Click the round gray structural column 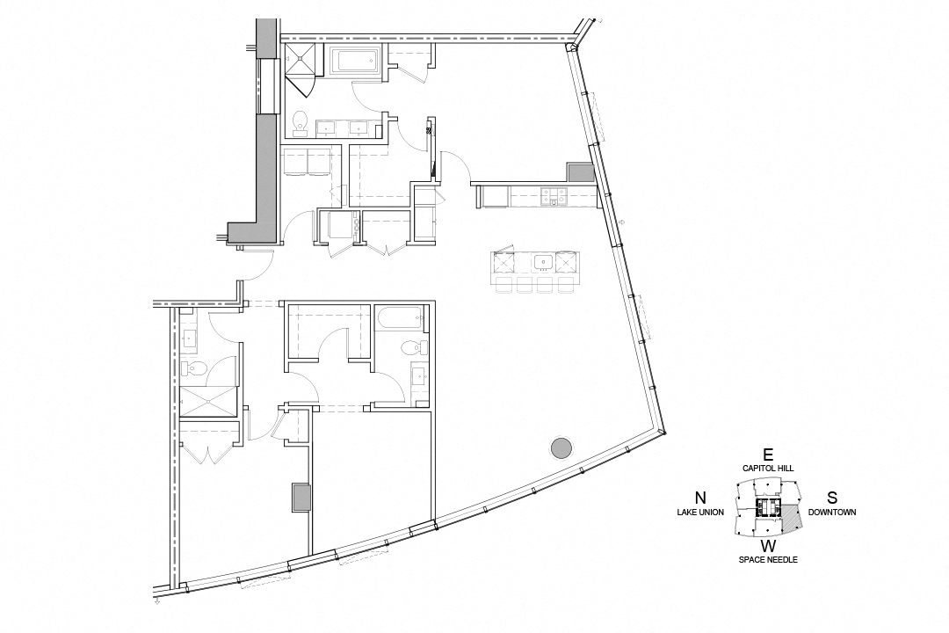pos(559,448)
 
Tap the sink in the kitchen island pos(543,261)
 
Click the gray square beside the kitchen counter pos(581,173)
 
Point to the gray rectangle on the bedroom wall pos(301,498)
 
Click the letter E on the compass pos(768,455)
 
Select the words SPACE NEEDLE pos(768,560)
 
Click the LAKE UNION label pos(699,512)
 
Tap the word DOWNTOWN pos(832,512)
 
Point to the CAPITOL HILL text pos(768,469)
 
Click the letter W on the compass pos(768,545)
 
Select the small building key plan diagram pos(768,510)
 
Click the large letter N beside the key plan pos(700,497)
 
